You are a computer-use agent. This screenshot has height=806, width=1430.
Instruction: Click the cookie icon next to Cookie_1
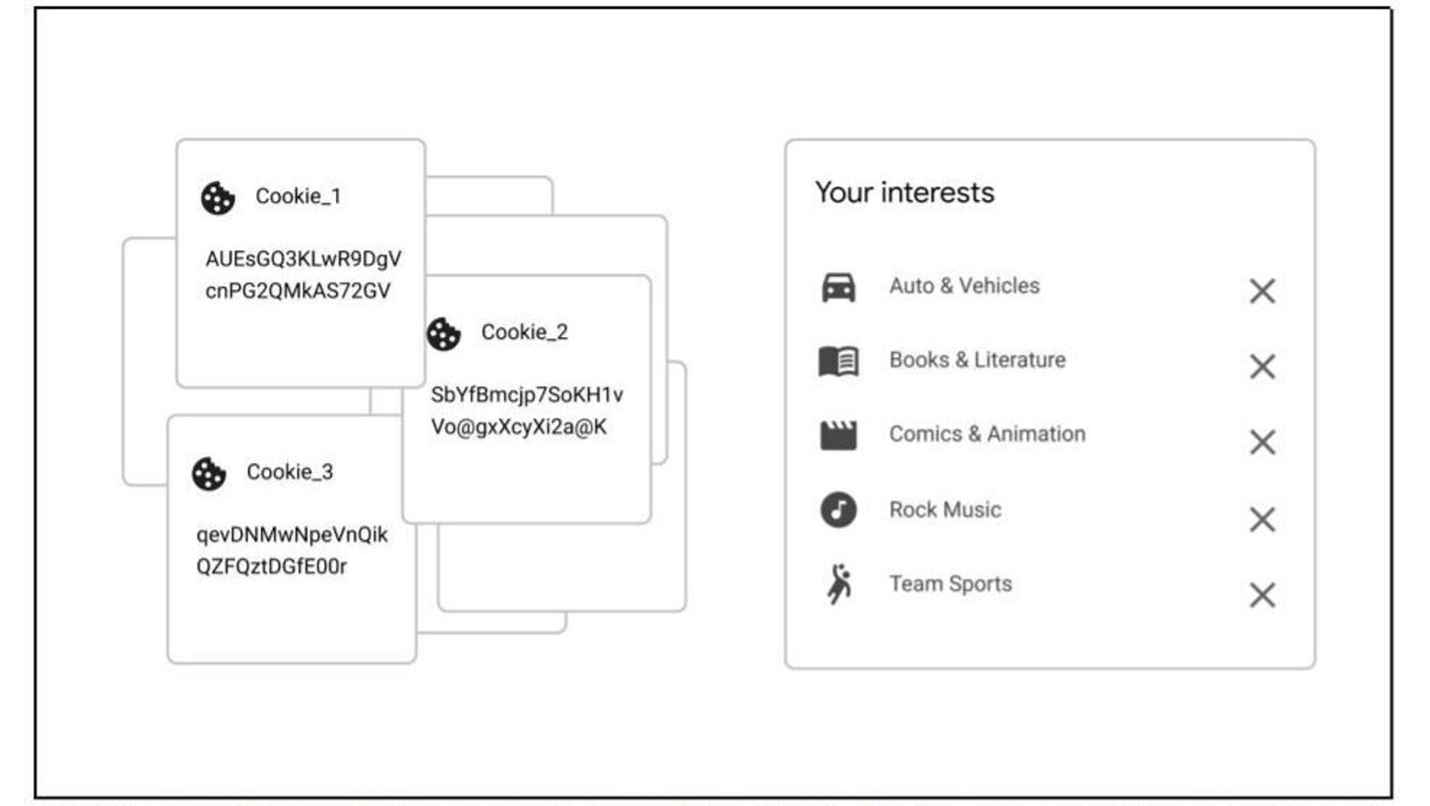pyautogui.click(x=218, y=198)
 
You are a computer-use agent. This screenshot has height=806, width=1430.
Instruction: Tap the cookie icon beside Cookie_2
pyautogui.click(x=444, y=334)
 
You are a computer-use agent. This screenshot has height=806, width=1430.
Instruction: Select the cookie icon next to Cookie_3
pyautogui.click(x=209, y=474)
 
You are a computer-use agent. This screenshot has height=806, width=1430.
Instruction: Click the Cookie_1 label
pyautogui.click(x=298, y=196)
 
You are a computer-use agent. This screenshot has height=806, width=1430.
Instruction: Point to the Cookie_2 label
pyautogui.click(x=524, y=332)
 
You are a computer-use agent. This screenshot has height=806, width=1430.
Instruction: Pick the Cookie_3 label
pyautogui.click(x=290, y=472)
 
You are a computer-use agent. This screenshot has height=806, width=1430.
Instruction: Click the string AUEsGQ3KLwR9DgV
pyautogui.click(x=303, y=259)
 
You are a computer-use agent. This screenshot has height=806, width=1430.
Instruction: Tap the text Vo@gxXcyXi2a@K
pyautogui.click(x=518, y=427)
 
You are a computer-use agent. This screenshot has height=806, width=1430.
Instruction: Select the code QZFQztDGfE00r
pyautogui.click(x=271, y=567)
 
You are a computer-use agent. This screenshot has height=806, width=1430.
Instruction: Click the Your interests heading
pyautogui.click(x=904, y=192)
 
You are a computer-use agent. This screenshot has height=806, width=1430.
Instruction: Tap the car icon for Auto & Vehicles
pyautogui.click(x=838, y=287)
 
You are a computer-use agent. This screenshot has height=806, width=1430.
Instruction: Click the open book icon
pyautogui.click(x=838, y=361)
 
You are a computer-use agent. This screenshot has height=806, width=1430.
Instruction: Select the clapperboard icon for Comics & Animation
pyautogui.click(x=838, y=435)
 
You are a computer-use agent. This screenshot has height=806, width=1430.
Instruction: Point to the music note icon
pyautogui.click(x=838, y=509)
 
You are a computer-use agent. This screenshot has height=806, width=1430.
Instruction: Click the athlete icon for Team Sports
pyautogui.click(x=839, y=584)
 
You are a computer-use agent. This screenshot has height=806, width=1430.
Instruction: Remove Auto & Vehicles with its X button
pyautogui.click(x=1262, y=291)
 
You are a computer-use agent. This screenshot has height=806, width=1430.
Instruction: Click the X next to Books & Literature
pyautogui.click(x=1262, y=367)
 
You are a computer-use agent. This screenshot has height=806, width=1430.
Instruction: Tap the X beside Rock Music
pyautogui.click(x=1262, y=519)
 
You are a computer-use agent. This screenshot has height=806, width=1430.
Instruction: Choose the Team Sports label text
pyautogui.click(x=950, y=584)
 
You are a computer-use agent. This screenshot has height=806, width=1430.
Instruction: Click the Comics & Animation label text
pyautogui.click(x=987, y=434)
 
